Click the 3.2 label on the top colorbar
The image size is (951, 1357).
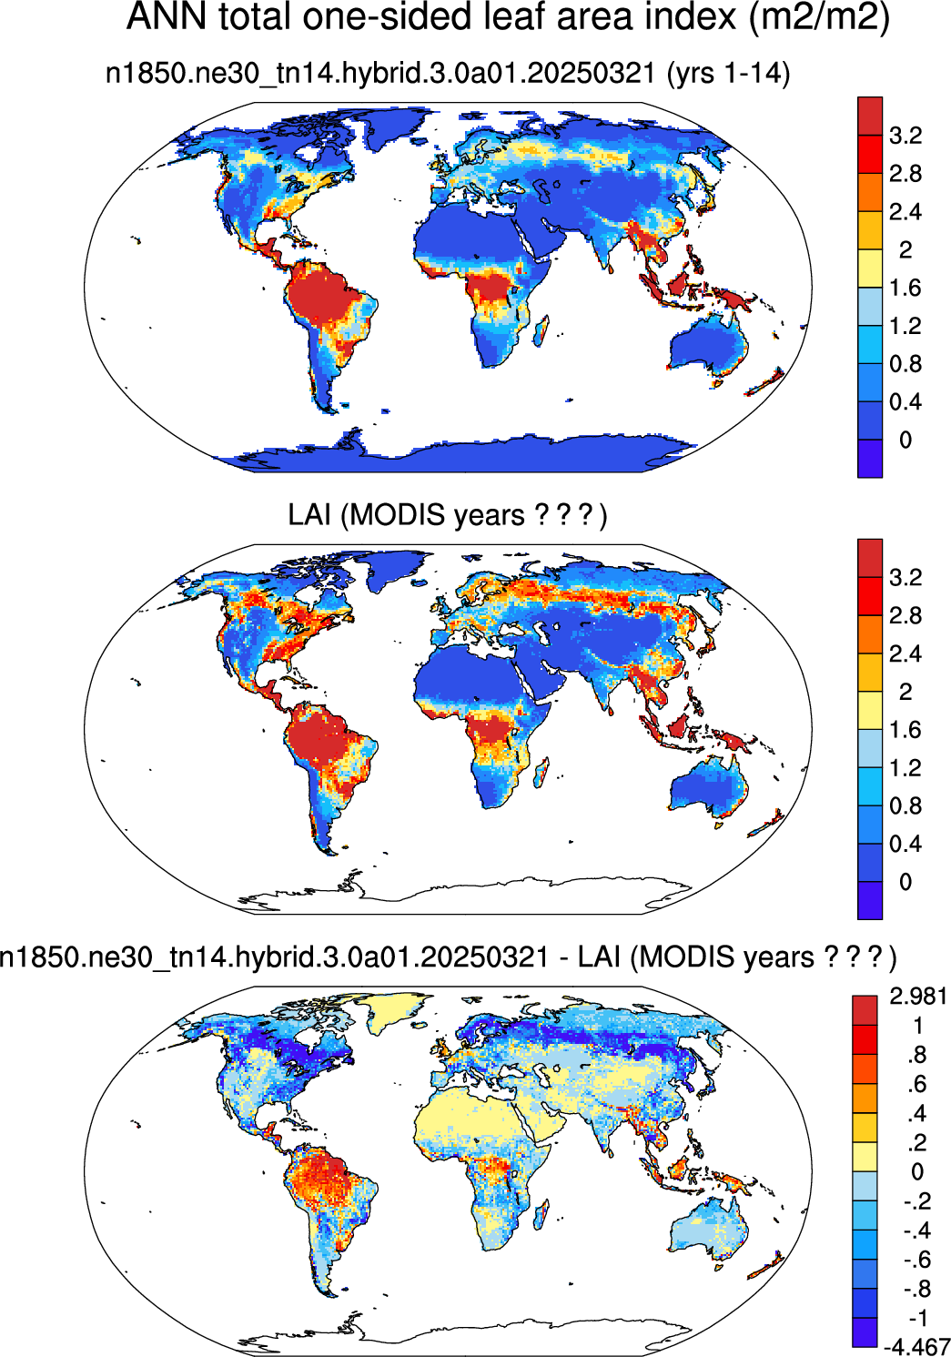pyautogui.click(x=905, y=136)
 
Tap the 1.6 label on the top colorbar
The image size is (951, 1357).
pyautogui.click(x=905, y=288)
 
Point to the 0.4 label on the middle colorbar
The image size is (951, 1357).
pyautogui.click(x=905, y=844)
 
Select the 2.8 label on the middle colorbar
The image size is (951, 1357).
pyautogui.click(x=905, y=616)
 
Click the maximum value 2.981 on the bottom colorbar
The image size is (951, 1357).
pyautogui.click(x=917, y=997)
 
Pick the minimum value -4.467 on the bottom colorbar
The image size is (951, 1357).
pyautogui.click(x=916, y=1347)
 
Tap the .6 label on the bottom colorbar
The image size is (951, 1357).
pyautogui.click(x=918, y=1084)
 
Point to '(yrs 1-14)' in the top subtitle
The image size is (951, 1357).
pyautogui.click(x=728, y=75)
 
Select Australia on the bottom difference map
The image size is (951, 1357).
pyautogui.click(x=710, y=1224)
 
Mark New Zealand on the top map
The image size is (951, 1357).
pyautogui.click(x=764, y=381)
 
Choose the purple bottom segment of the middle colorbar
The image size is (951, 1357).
pyautogui.click(x=870, y=900)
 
